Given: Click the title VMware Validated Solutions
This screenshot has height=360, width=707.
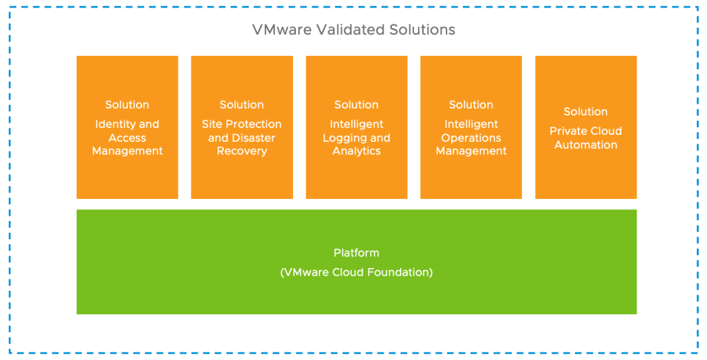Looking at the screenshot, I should (353, 30).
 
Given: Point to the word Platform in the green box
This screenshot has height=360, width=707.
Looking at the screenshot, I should (357, 253).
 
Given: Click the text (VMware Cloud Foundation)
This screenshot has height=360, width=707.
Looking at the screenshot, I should (357, 272).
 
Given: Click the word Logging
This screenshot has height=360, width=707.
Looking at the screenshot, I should (342, 138).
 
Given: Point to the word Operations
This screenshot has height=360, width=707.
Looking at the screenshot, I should (471, 138).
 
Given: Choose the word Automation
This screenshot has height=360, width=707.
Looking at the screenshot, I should (586, 145).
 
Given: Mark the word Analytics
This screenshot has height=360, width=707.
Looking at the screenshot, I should (357, 151).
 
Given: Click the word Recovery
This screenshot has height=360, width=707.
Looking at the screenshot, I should (242, 151).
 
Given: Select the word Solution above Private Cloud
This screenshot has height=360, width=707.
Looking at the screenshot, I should (586, 112).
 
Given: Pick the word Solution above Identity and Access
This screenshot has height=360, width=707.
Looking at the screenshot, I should (127, 105).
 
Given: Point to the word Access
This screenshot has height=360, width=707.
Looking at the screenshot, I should (127, 138).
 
